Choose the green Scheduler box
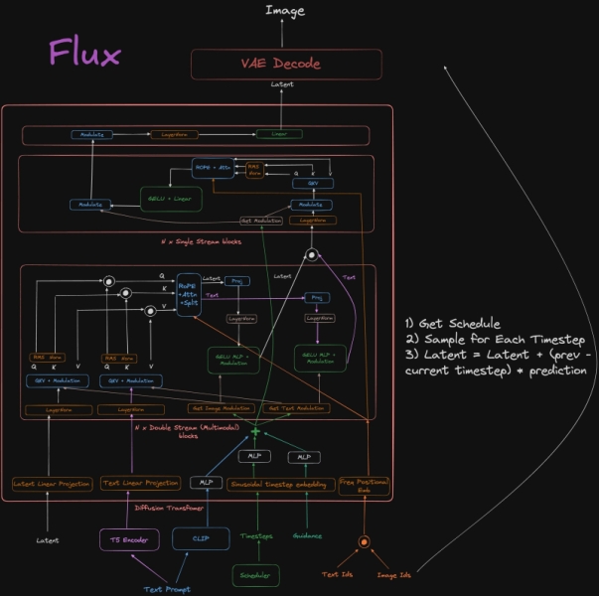[256, 574]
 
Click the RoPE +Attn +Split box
[187, 296]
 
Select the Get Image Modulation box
[221, 408]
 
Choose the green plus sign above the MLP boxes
[255, 431]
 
